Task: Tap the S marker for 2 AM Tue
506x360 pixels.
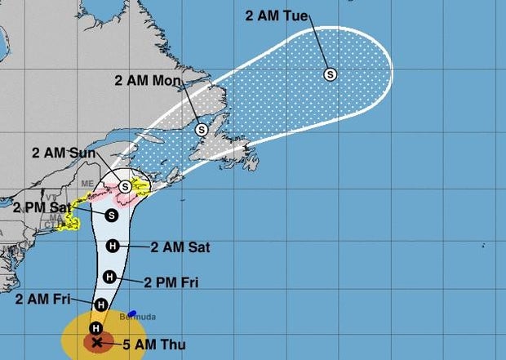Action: (331, 74)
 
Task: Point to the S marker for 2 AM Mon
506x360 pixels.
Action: (201, 129)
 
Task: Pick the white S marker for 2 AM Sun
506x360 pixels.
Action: (125, 186)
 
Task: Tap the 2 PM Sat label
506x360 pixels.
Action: (41, 207)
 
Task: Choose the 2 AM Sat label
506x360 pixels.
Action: (180, 246)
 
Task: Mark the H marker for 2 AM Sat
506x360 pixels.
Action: (113, 246)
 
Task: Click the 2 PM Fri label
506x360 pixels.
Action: (171, 282)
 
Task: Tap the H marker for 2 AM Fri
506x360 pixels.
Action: (100, 305)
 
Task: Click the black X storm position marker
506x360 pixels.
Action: (98, 342)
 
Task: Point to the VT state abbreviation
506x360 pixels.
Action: (51, 198)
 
